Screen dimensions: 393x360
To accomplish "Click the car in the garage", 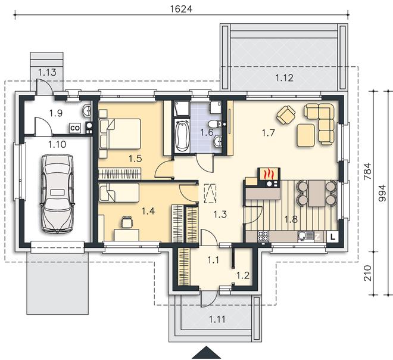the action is [x=57, y=194].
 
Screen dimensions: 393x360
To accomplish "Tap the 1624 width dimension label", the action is [x=181, y=9].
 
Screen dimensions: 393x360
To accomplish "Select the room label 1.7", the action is [x=269, y=133].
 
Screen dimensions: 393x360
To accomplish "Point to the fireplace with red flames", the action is [x=269, y=177].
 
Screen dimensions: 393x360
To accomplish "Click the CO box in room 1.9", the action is [x=74, y=128].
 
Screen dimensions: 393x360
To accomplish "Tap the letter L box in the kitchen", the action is [x=332, y=237].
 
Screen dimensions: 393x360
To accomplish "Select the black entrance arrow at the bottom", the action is [x=207, y=353].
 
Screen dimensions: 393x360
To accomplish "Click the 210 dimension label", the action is [x=367, y=273].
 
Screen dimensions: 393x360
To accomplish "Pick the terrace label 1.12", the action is [x=284, y=77].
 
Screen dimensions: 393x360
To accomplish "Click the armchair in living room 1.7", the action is [x=286, y=115].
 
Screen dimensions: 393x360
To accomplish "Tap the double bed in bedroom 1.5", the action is [x=120, y=134].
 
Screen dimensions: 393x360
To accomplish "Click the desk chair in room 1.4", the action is [x=127, y=222].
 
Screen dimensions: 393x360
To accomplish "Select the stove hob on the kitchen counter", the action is [x=263, y=236].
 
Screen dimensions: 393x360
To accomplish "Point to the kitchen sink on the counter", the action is [x=305, y=236].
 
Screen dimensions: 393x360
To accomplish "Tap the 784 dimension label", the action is [x=367, y=171].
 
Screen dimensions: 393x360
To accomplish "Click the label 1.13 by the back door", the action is [x=47, y=73].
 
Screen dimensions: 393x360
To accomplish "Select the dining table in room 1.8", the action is [x=317, y=193].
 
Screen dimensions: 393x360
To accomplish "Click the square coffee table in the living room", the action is [x=306, y=135].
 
